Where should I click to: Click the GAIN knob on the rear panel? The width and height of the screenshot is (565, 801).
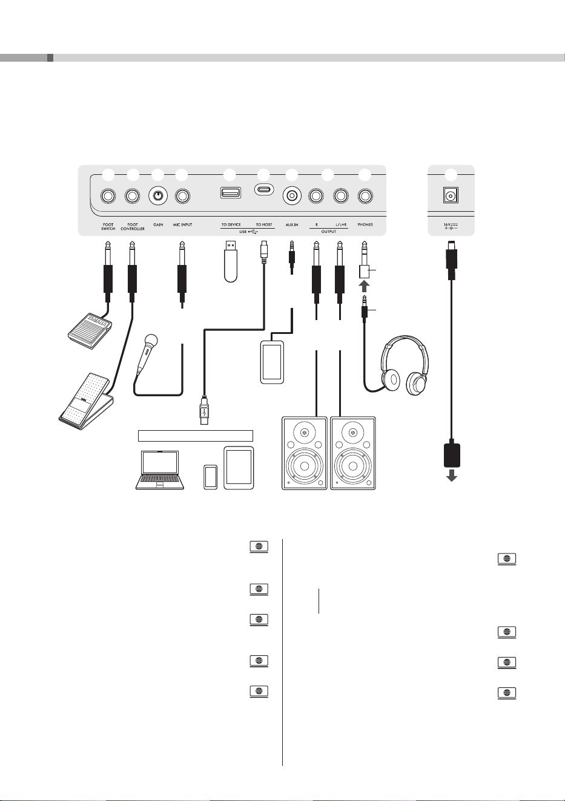point(158,195)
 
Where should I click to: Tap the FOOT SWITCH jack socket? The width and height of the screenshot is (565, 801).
point(108,196)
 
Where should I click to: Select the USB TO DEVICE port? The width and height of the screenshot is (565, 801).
point(231,192)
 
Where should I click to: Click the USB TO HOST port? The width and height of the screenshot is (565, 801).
point(264,189)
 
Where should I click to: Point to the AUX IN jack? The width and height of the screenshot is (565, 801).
point(292,195)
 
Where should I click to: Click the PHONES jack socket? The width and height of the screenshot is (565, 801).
point(365,196)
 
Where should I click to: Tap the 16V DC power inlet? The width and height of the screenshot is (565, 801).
point(451,195)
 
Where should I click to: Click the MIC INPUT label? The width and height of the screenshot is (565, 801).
point(183,224)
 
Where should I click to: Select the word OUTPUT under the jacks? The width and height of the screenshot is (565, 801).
point(329,232)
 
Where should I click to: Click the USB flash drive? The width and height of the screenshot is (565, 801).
point(231,261)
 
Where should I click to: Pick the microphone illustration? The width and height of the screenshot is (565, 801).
point(147,353)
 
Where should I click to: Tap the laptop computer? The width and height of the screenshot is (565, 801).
point(160,470)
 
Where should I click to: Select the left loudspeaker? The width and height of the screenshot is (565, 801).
point(305,453)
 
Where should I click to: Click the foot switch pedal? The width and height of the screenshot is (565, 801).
point(90,331)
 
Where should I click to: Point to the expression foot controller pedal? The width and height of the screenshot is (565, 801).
point(86,401)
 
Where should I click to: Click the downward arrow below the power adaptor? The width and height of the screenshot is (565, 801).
point(452,476)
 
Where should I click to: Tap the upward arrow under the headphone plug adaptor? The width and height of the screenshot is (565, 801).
point(364,286)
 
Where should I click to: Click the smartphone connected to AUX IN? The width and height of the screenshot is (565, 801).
point(272,362)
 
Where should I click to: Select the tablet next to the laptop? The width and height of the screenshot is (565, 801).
point(239,468)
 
